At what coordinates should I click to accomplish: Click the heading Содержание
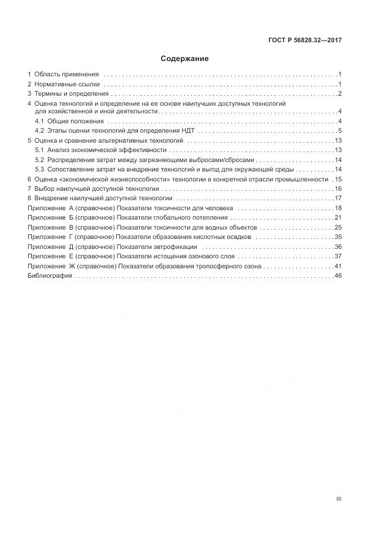(x=184, y=59)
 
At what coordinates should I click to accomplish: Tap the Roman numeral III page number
(x=339, y=499)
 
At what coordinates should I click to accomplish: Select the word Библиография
(x=49, y=276)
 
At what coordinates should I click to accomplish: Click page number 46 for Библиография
(x=338, y=276)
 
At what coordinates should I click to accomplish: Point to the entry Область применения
(x=66, y=75)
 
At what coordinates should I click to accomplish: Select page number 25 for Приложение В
(x=338, y=227)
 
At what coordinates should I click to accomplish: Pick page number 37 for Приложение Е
(x=338, y=257)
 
